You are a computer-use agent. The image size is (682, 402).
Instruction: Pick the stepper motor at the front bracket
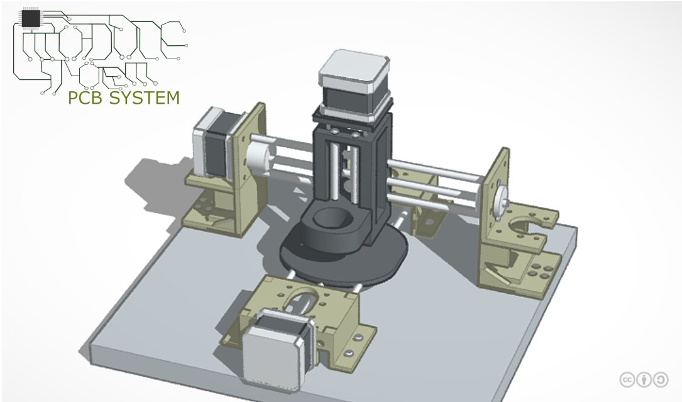point(276,352)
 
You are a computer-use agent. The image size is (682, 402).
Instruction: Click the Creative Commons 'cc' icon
point(627,379)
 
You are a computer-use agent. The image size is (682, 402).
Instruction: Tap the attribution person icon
point(644,379)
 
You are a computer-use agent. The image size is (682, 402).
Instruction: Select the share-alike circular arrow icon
point(661,379)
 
